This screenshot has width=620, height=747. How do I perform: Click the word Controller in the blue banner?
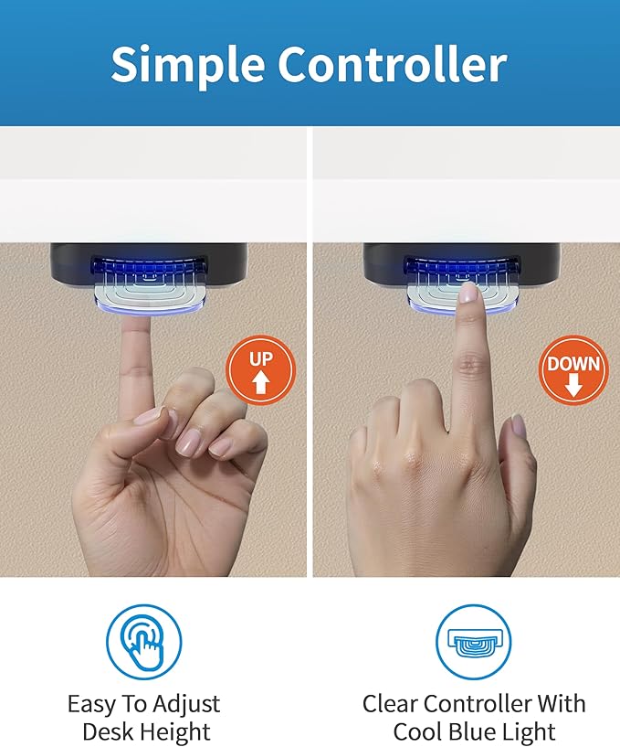393,63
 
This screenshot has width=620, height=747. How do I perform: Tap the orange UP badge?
260,370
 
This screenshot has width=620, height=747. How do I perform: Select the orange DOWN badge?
573,370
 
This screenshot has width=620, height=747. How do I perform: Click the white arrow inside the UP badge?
260,382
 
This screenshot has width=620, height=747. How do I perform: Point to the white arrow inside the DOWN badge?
573,384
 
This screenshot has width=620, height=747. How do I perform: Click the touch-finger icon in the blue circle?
143,641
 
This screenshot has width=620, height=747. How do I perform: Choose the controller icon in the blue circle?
473,641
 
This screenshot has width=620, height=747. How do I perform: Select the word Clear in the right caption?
390,704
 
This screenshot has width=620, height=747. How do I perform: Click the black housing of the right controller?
460,266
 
